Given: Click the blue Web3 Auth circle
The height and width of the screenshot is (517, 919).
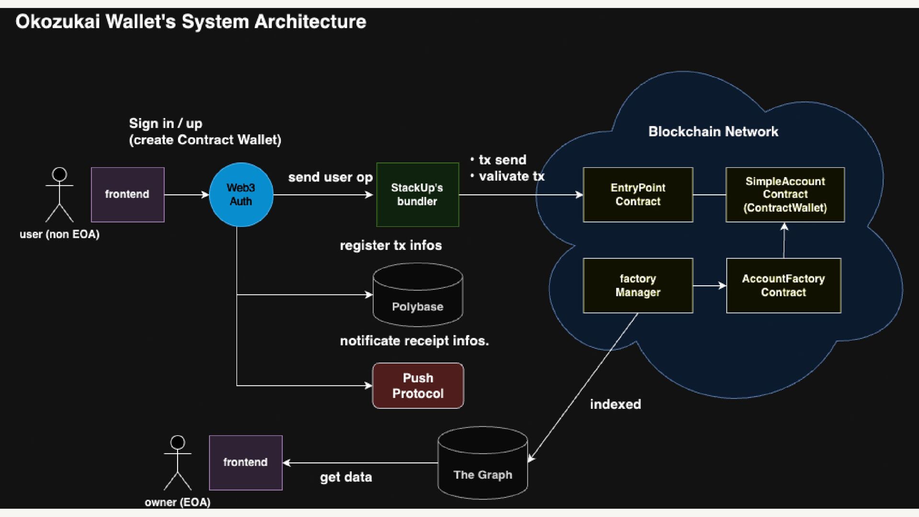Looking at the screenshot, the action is pyautogui.click(x=241, y=194).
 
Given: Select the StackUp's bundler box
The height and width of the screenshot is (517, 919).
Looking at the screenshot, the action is pyautogui.click(x=417, y=194).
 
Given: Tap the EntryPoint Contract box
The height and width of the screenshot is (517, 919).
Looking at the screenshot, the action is pyautogui.click(x=638, y=194).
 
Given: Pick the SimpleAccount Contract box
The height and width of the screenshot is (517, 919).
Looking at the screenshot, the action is pyautogui.click(x=785, y=194).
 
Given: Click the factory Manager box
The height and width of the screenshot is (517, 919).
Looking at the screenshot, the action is pyautogui.click(x=638, y=286).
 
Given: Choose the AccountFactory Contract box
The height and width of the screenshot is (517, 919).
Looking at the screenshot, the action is pyautogui.click(x=784, y=286).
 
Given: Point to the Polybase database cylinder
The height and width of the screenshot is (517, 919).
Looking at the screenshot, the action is pyautogui.click(x=418, y=295).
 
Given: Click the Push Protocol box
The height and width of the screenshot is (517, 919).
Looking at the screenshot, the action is pyautogui.click(x=418, y=385).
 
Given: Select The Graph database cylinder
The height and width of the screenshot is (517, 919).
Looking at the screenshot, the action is pyautogui.click(x=482, y=463).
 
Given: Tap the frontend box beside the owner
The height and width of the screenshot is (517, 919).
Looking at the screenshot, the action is pyautogui.click(x=246, y=462).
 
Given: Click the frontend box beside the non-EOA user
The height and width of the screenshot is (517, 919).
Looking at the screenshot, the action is pyautogui.click(x=128, y=194).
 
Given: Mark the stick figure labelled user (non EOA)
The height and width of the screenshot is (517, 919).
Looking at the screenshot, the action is pyautogui.click(x=59, y=194).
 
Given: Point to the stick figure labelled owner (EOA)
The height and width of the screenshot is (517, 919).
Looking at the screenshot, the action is pyautogui.click(x=178, y=462).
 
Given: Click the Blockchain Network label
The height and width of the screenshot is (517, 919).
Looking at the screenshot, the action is pyautogui.click(x=713, y=132).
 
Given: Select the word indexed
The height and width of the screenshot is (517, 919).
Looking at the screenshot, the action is pyautogui.click(x=616, y=405).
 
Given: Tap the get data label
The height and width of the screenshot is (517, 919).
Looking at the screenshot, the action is pyautogui.click(x=346, y=477).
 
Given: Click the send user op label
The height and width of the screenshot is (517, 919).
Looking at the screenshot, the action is pyautogui.click(x=330, y=178).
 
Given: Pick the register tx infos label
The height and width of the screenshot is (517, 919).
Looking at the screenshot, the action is pyautogui.click(x=391, y=246).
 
